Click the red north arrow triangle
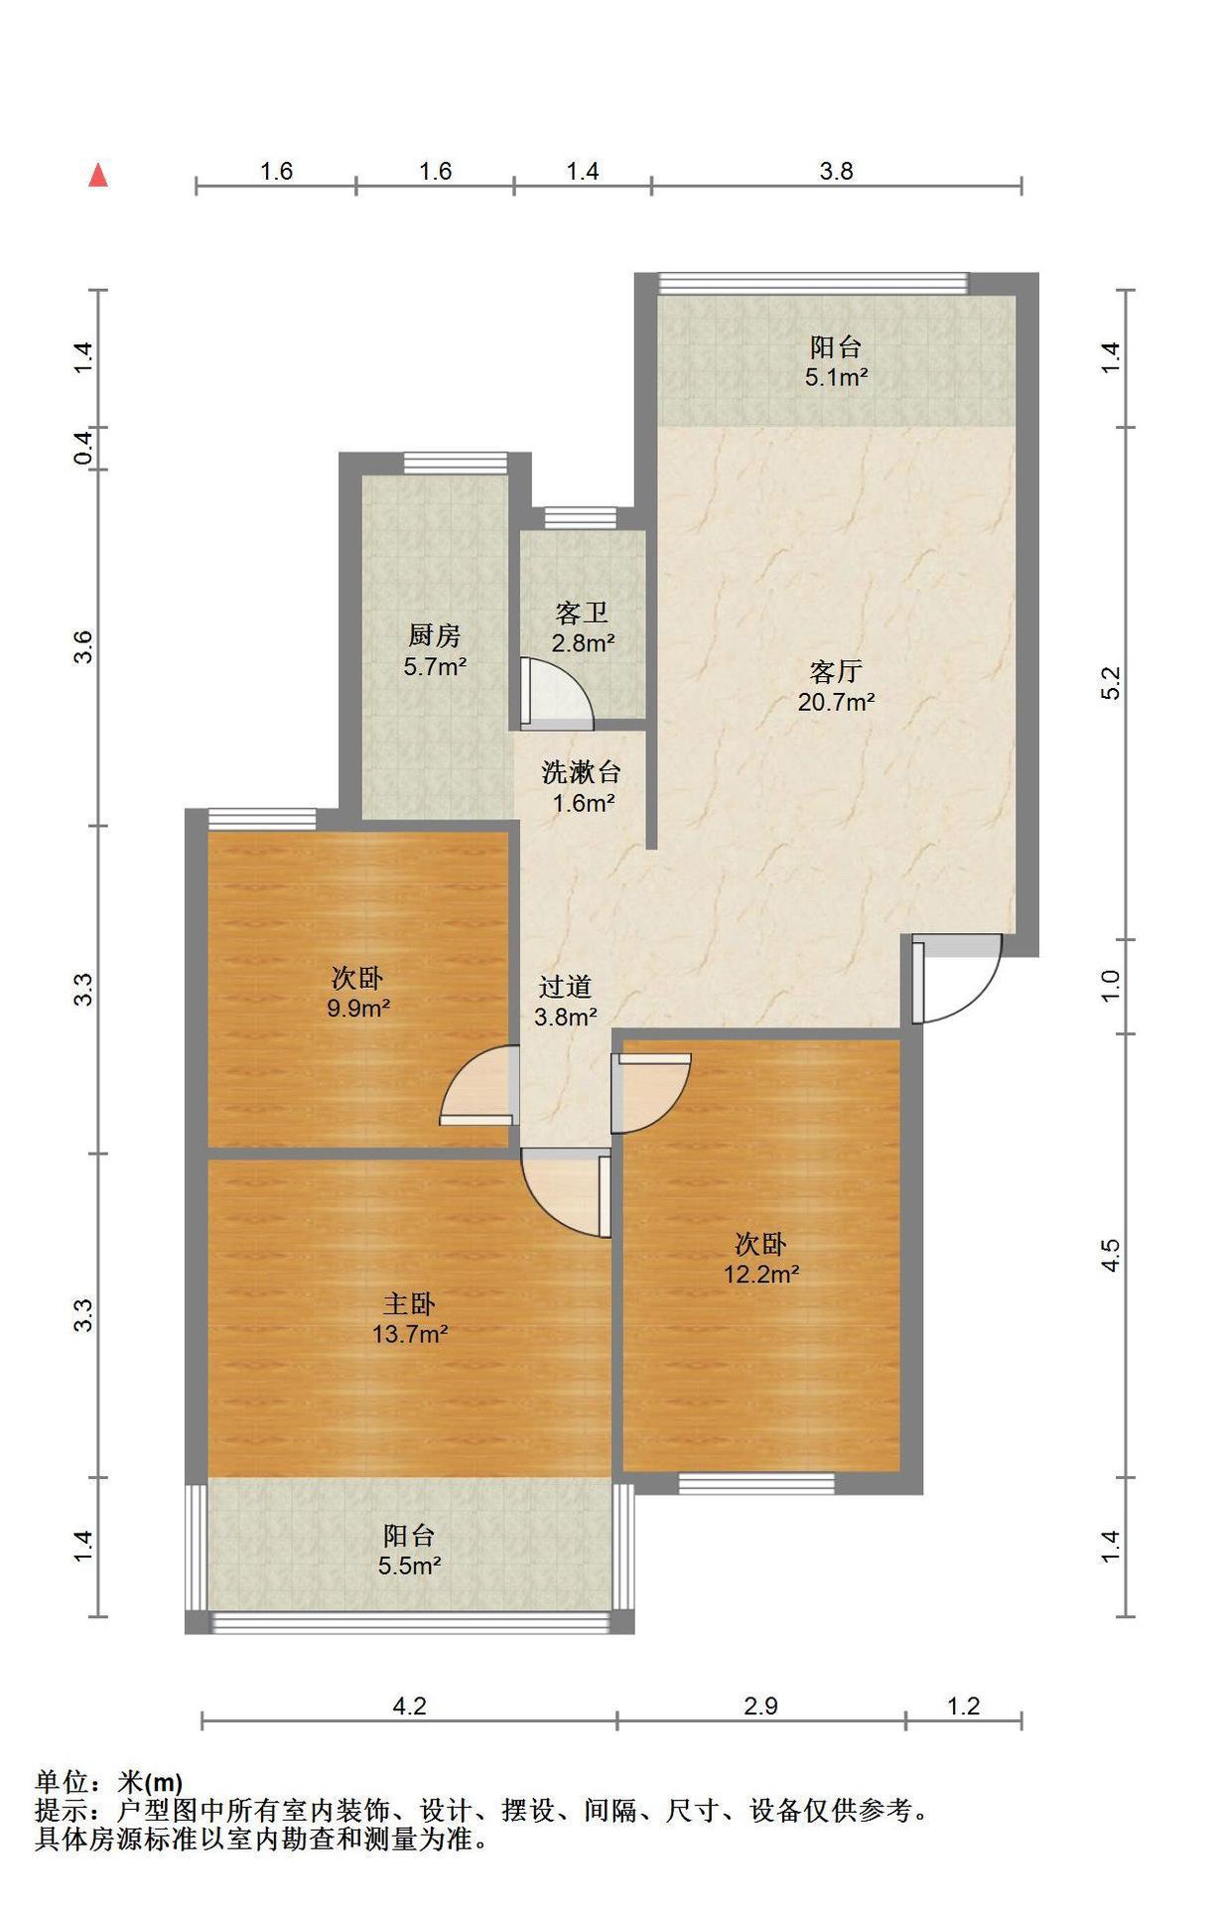click(x=98, y=176)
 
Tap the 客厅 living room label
click(x=835, y=672)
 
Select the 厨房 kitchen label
click(x=434, y=635)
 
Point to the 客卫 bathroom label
click(x=582, y=612)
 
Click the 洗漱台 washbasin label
click(x=582, y=771)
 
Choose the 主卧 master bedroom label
click(x=409, y=1303)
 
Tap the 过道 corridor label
click(x=565, y=987)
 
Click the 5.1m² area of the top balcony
click(x=836, y=377)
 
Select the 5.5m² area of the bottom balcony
click(x=409, y=1566)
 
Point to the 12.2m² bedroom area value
click(x=761, y=1274)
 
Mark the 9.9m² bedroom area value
click(x=357, y=1009)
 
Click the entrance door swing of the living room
click(x=956, y=980)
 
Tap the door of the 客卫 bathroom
click(x=556, y=689)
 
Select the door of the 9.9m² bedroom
click(x=478, y=1086)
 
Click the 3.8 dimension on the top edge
click(x=836, y=172)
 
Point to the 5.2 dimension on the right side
click(x=1111, y=683)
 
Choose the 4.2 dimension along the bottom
click(x=409, y=1706)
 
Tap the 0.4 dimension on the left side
click(x=84, y=448)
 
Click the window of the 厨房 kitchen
click(x=436, y=464)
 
